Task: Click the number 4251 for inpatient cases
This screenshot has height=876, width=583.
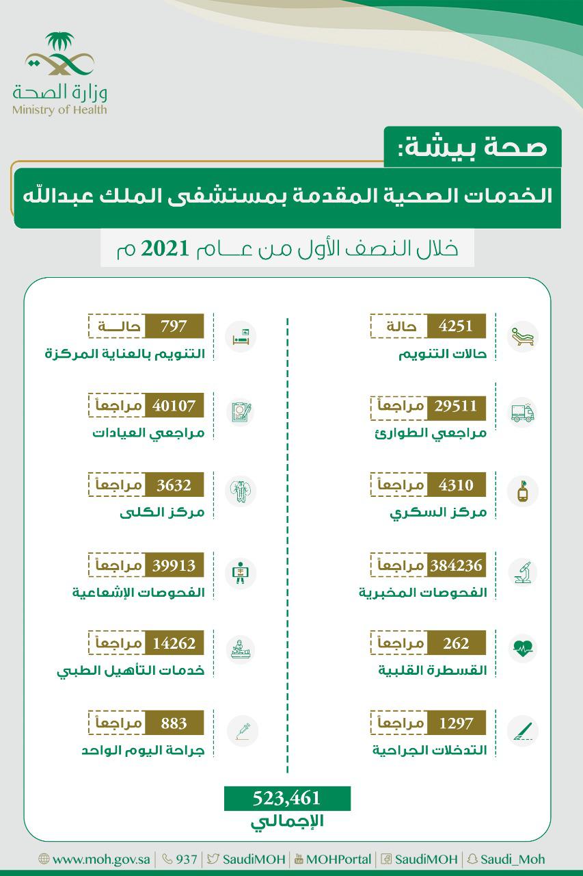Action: tap(456, 326)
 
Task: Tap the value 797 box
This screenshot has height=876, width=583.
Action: tap(174, 326)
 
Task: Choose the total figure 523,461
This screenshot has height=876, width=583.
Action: tap(287, 798)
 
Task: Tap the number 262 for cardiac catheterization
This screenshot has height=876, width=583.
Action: tap(456, 643)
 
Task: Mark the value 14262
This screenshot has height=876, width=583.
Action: tap(174, 643)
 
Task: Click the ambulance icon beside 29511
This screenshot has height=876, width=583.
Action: tap(524, 413)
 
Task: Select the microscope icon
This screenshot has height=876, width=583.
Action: tap(524, 573)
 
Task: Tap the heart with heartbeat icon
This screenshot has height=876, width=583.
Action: tap(524, 649)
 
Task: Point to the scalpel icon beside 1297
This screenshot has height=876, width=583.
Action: tap(524, 730)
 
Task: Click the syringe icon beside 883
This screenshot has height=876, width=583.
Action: tap(241, 730)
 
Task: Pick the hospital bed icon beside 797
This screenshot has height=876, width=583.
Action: tap(241, 335)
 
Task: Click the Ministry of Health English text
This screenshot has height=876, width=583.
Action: tap(59, 109)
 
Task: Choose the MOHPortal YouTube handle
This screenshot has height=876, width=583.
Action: tap(338, 860)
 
